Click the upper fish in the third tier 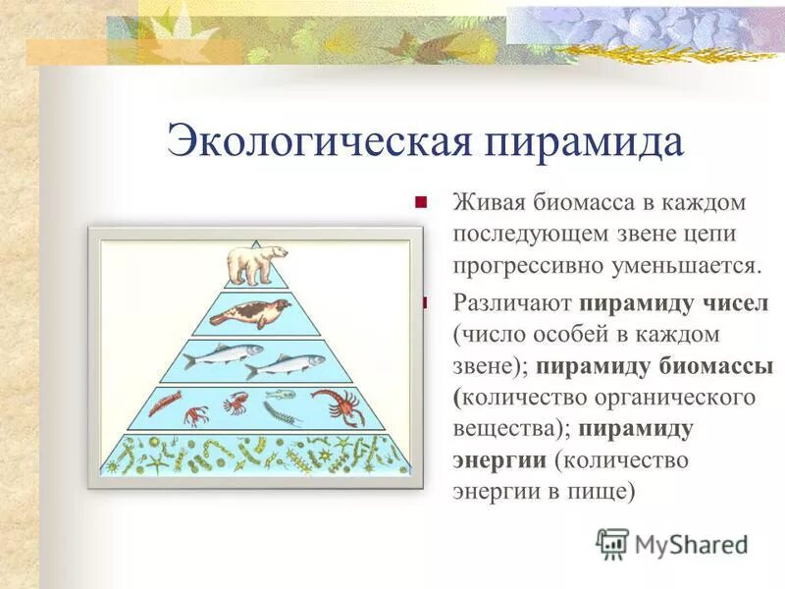coord(223,351)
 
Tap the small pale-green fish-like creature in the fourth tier coord(281,395)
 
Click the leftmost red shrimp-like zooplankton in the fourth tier coord(165,402)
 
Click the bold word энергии coord(499,459)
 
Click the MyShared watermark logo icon coord(612,542)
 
